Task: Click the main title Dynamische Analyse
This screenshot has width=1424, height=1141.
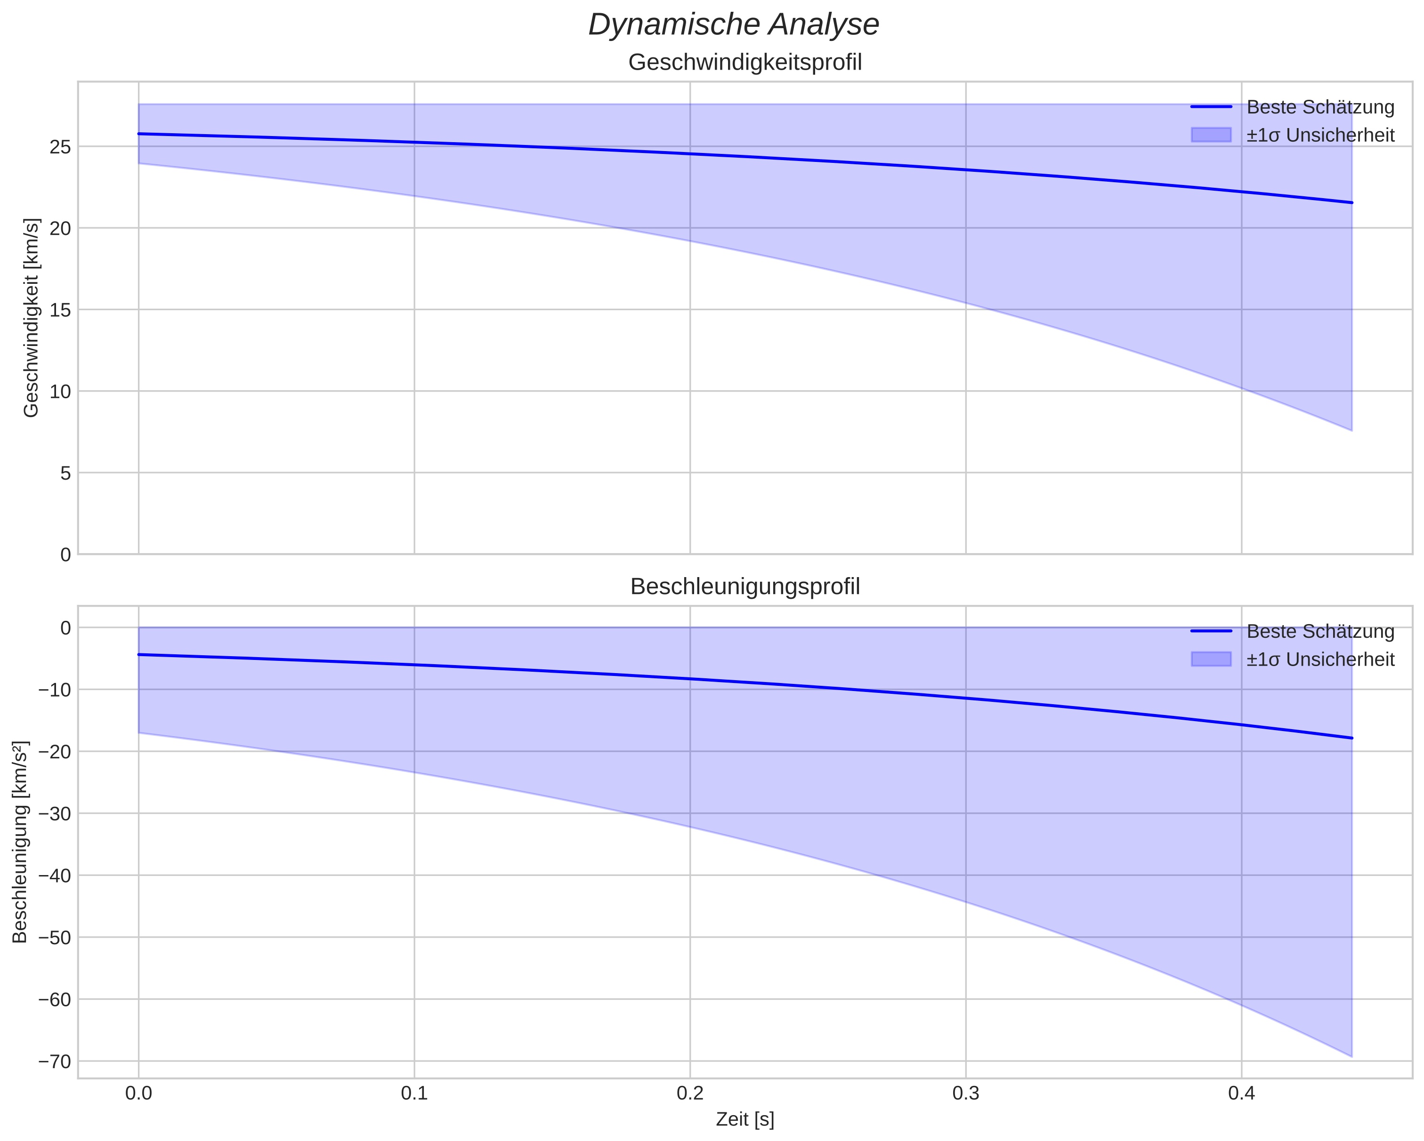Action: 733,25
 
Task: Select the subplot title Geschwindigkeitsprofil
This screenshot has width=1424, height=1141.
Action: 745,63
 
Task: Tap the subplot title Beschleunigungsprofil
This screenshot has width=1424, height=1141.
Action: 745,587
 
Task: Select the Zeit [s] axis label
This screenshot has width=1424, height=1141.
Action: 745,1119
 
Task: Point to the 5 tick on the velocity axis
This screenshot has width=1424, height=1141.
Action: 65,473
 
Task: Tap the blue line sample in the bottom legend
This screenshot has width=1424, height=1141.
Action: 1211,631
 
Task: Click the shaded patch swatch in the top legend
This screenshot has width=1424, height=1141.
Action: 1211,135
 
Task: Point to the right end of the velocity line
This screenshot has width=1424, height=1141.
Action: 1351,203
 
